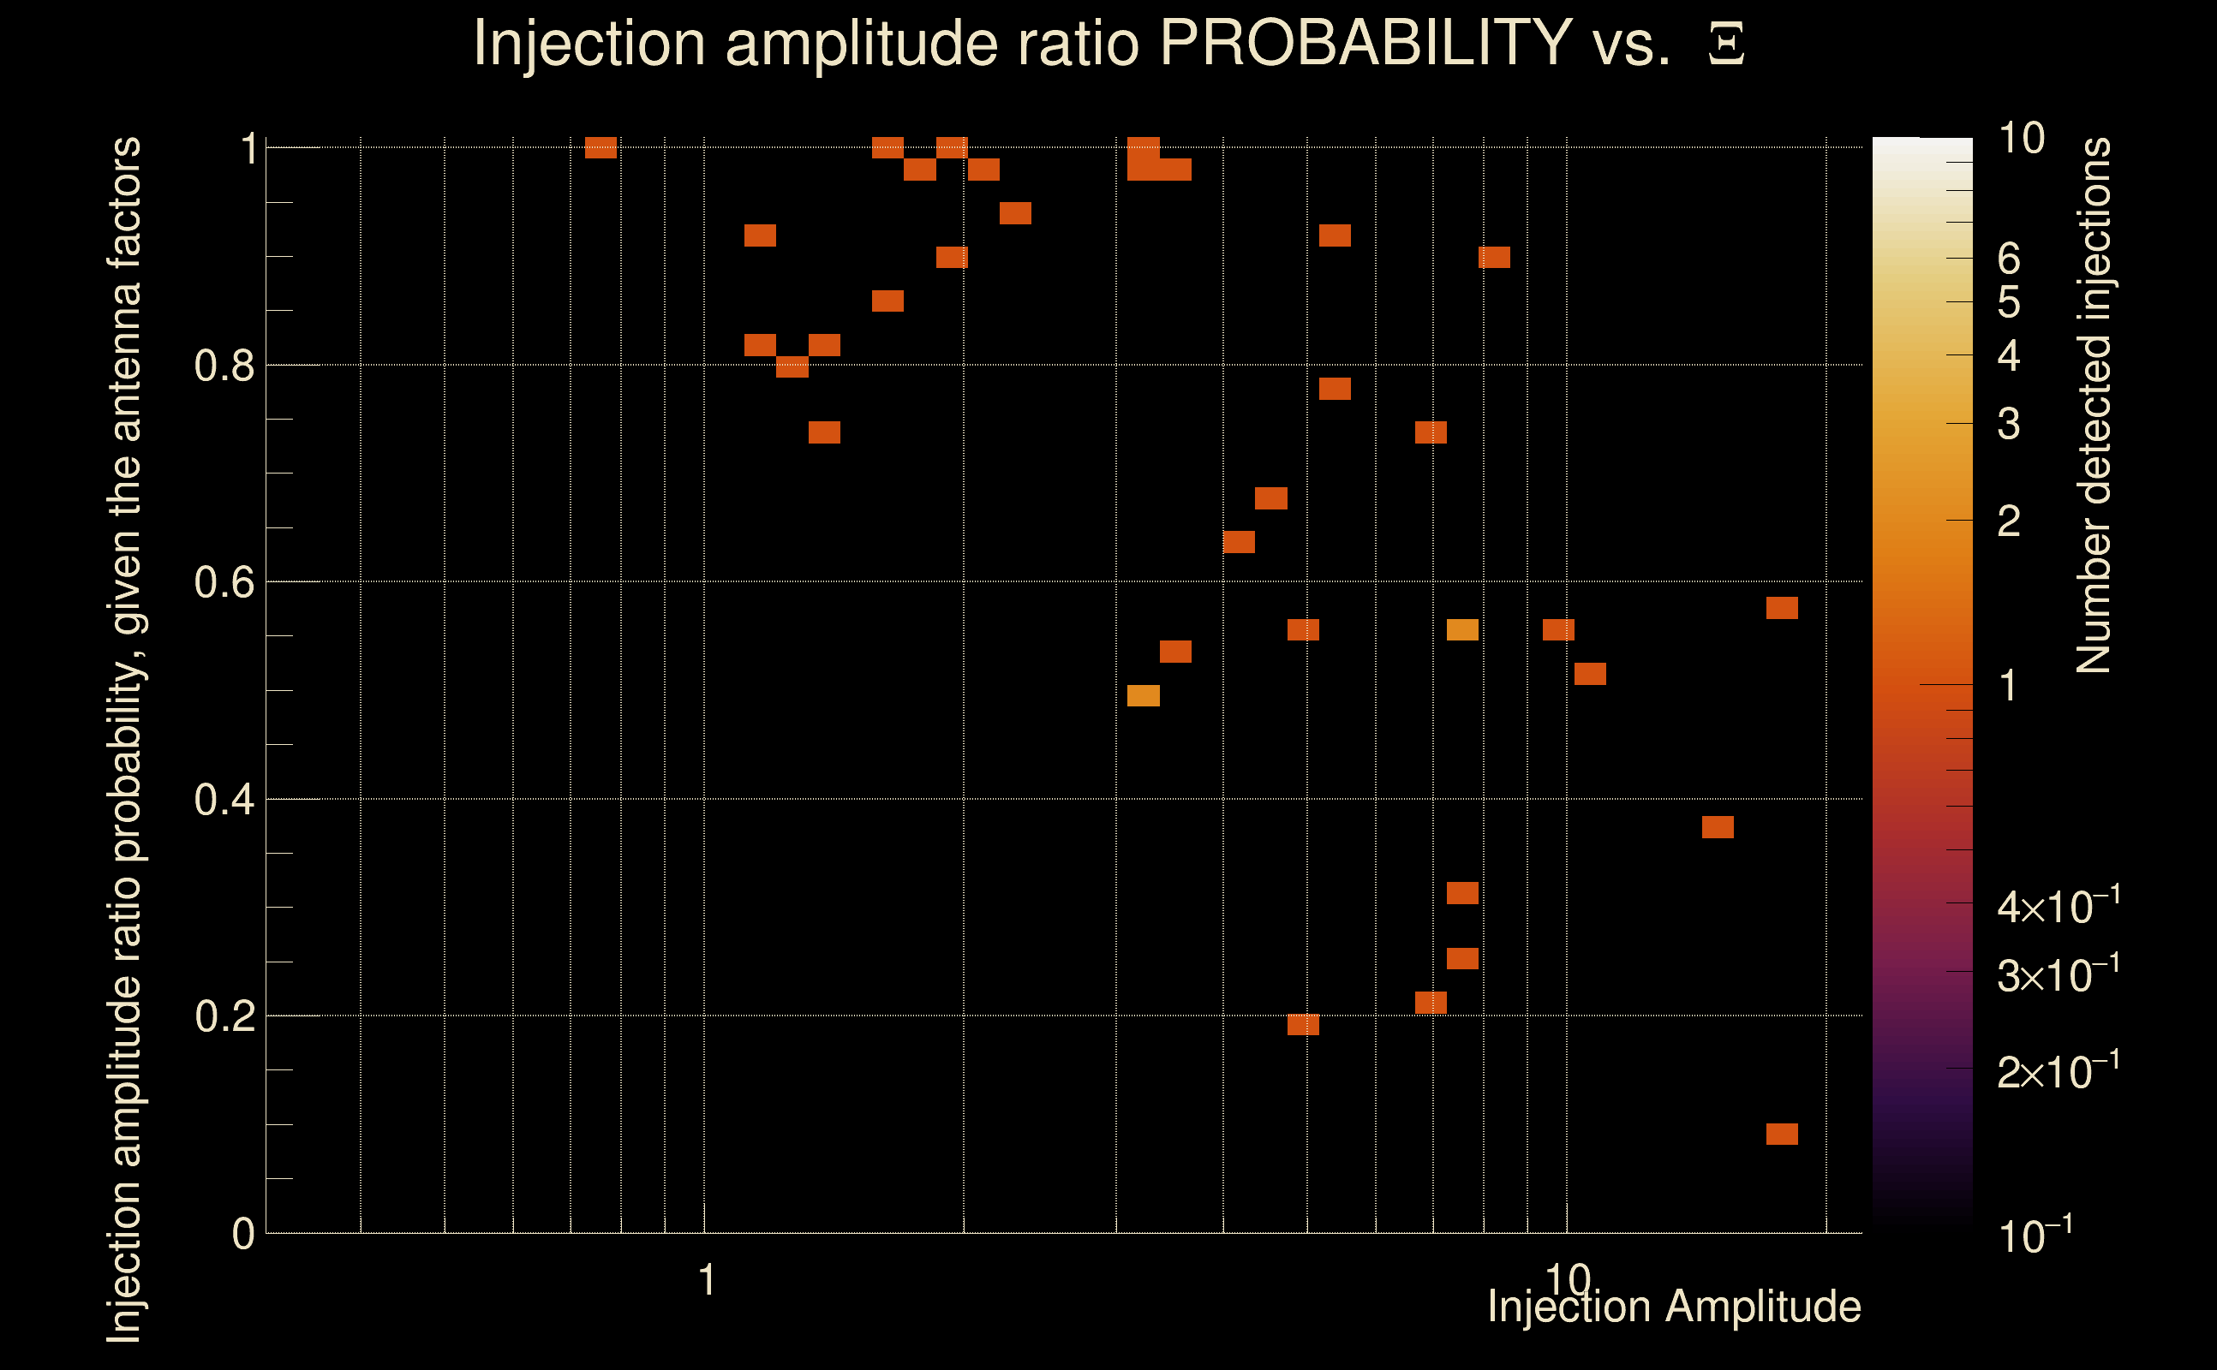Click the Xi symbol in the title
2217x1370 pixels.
coord(1726,45)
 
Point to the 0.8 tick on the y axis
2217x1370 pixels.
coord(224,366)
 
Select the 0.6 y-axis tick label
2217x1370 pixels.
coord(224,582)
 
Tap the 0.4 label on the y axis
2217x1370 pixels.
coord(224,800)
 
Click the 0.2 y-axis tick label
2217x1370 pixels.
coord(224,1016)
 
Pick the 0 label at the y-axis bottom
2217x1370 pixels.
coord(243,1234)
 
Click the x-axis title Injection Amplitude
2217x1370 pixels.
coord(1674,1307)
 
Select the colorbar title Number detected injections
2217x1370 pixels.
coord(2094,405)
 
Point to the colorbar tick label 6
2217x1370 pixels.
coord(2009,259)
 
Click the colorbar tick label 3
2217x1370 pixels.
coord(2009,424)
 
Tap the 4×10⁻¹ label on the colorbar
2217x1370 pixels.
coord(2058,907)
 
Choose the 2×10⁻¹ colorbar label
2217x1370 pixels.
coord(2058,1072)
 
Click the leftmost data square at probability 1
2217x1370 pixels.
coord(601,147)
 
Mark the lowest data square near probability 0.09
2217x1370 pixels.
coord(1782,1135)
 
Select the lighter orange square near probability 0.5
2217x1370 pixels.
coord(1143,696)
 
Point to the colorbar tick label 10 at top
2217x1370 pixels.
coord(2021,139)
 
